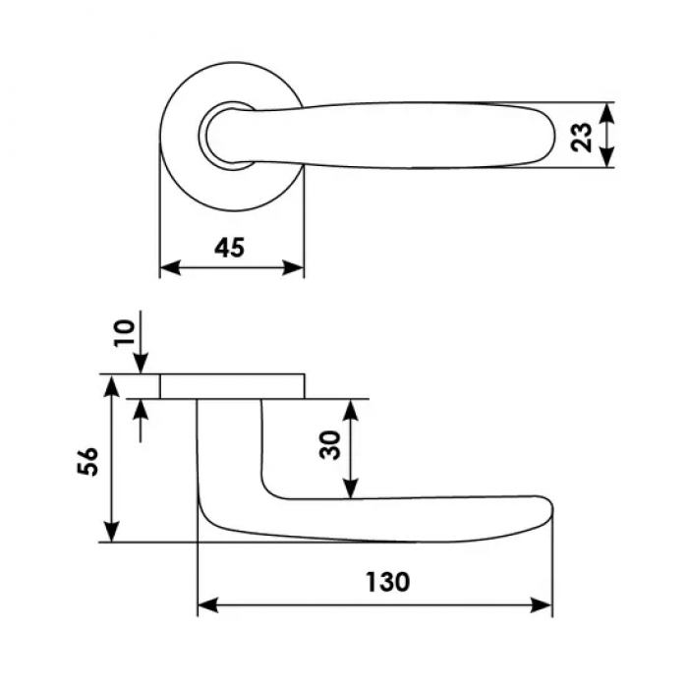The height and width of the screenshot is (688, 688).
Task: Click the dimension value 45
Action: [x=229, y=248]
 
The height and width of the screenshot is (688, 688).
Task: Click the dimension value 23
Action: [x=582, y=136]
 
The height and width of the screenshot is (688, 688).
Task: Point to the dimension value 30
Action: [x=331, y=444]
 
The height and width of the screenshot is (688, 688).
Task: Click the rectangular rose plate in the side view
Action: [x=232, y=386]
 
